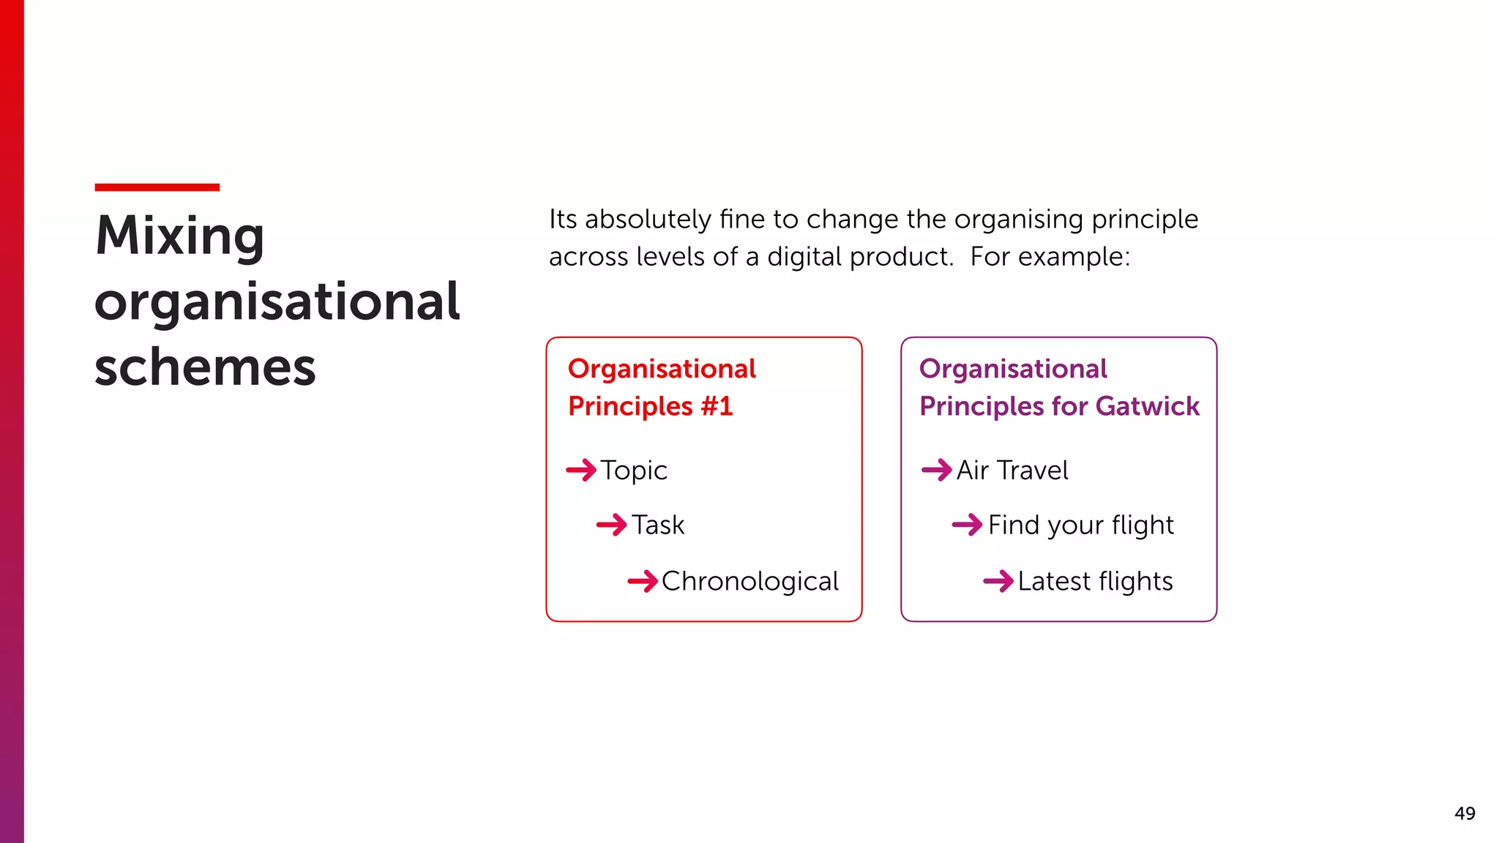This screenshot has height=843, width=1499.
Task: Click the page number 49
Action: coord(1465,814)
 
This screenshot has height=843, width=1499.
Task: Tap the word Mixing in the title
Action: coord(179,236)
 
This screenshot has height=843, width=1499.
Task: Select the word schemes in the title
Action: coord(205,367)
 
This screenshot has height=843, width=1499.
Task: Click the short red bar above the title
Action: coord(157,187)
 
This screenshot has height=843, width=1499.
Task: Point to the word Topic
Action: coord(634,471)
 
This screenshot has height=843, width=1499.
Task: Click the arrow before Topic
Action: coord(582,470)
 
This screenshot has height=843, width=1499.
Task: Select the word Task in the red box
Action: coord(658,525)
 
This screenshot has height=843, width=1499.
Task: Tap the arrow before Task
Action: coord(612,525)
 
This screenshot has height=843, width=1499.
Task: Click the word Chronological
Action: coord(749,582)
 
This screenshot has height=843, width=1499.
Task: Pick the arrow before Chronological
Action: coord(643,582)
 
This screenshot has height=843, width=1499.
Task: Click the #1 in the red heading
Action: coord(717,406)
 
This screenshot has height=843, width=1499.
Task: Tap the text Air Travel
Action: coord(1012,471)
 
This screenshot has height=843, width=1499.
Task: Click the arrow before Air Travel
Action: coord(937,470)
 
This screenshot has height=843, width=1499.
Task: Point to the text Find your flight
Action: coord(1080,525)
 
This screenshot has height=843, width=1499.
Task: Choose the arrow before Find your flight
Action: coord(967,525)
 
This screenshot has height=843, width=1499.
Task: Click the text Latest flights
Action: coord(1095,582)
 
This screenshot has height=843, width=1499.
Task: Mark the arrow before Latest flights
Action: coord(998,582)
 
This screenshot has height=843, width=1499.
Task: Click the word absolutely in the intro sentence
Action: coord(648,220)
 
